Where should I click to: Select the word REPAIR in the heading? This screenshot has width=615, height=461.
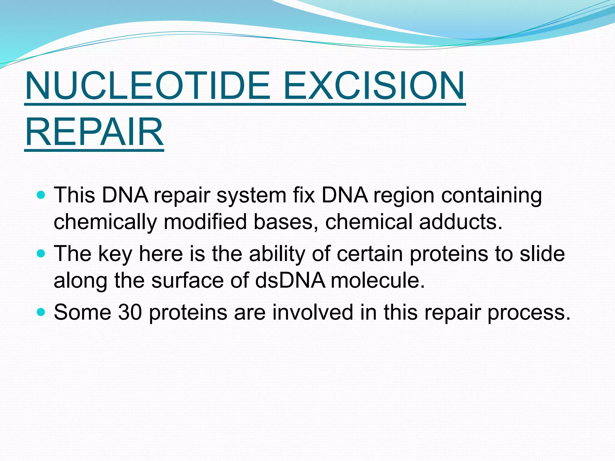[x=94, y=132]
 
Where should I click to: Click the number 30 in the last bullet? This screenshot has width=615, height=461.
[x=130, y=312]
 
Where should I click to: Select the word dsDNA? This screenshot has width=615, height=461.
[x=290, y=280]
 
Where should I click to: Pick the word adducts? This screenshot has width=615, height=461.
[x=461, y=222]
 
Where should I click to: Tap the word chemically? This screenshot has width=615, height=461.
[x=105, y=222]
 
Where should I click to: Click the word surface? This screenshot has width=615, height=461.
[x=188, y=280]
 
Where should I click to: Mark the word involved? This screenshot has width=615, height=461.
[x=313, y=312]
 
